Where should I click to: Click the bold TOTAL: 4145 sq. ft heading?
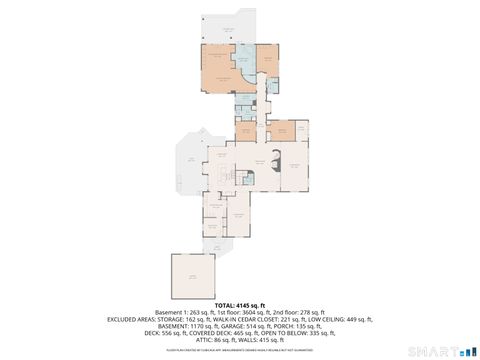pos(240,305)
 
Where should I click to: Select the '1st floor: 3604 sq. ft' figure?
pos(240,312)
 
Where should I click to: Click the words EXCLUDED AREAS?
pos(134,319)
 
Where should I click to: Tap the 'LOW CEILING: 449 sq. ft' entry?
pos(337,319)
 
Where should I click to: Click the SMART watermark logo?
pos(440,351)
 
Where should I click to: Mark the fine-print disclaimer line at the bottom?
pos(240,351)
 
